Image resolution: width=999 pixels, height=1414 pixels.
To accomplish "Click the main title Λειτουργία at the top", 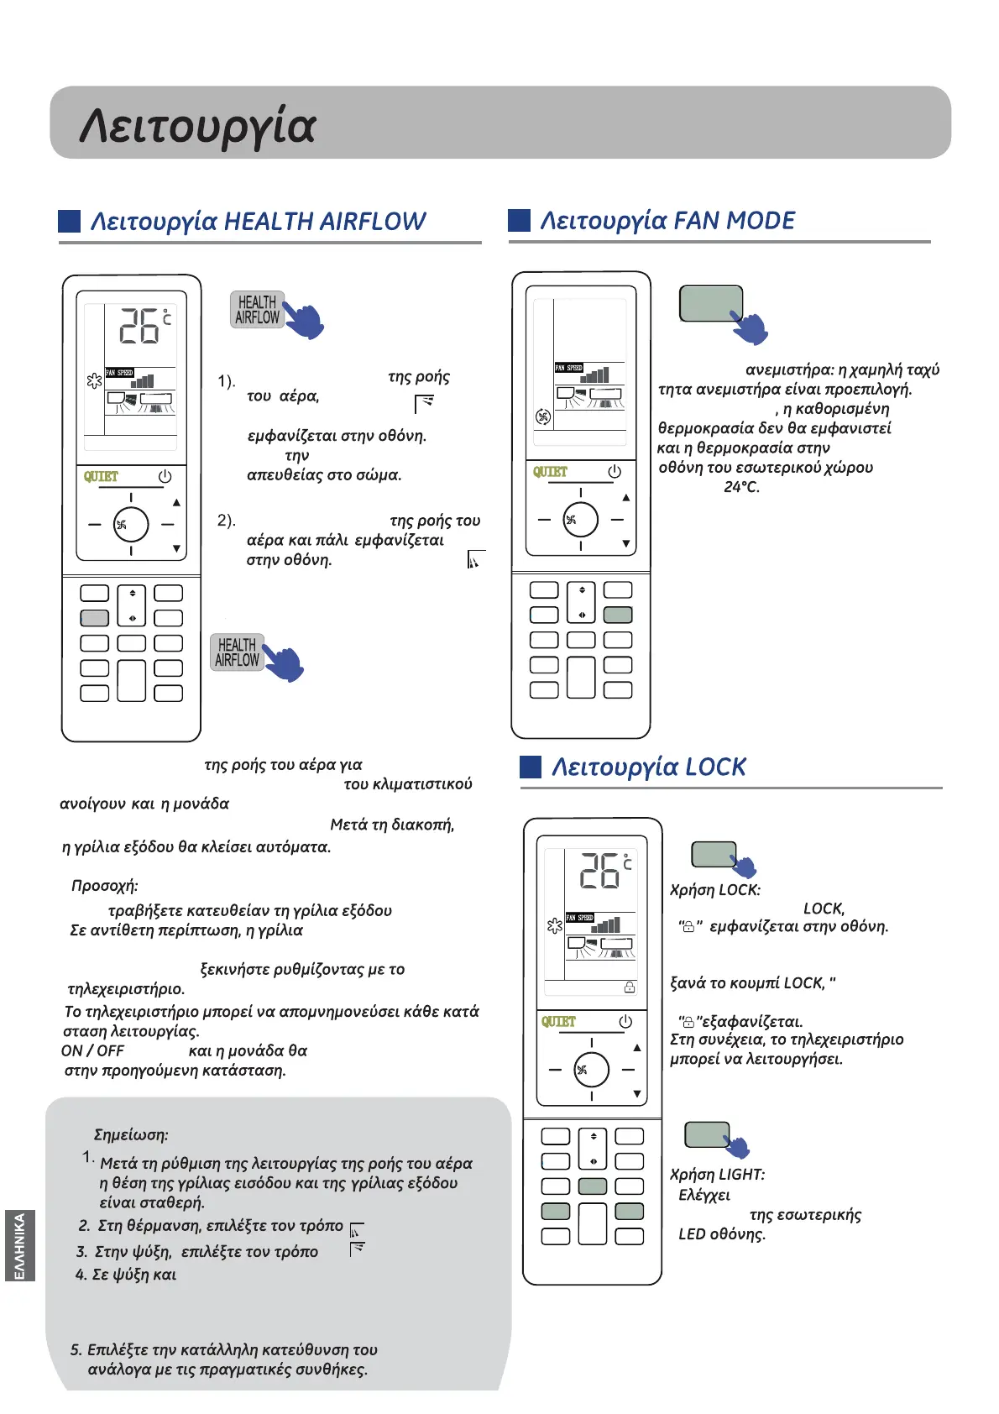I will [198, 126].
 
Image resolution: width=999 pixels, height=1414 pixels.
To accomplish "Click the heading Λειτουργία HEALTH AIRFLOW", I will [258, 222].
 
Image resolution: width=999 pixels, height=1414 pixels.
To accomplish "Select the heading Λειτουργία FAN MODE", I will [667, 221].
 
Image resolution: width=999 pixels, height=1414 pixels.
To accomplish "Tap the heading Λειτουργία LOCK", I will [648, 767].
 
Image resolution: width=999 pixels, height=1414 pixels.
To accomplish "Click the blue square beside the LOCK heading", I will [531, 767].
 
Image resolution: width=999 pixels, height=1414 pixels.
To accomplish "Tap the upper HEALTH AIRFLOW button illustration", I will [257, 310].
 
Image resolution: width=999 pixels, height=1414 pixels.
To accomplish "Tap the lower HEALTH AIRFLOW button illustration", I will [237, 652].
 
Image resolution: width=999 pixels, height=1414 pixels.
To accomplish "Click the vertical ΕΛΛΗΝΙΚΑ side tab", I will [20, 1245].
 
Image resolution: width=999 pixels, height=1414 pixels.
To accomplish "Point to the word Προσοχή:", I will [105, 886].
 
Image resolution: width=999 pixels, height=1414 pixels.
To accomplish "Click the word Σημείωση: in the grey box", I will [131, 1135].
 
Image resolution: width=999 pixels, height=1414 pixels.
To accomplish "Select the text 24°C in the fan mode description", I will [741, 487].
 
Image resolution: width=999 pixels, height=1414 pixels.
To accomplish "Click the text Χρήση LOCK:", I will [715, 890].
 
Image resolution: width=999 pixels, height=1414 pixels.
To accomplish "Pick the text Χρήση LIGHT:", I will [717, 1175].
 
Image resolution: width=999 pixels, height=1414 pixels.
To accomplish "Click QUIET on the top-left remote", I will [101, 477].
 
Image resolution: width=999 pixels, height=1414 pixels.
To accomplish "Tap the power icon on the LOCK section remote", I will [625, 1022].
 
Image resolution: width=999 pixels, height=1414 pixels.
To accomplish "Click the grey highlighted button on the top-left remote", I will [95, 618].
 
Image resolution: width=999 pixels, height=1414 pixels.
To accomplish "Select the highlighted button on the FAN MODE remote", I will [618, 615].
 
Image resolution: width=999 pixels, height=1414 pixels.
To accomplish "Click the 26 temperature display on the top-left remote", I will [139, 326].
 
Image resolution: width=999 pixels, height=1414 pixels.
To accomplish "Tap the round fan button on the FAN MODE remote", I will [580, 520].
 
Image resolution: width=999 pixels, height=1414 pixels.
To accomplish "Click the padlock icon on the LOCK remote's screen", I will [630, 987].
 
